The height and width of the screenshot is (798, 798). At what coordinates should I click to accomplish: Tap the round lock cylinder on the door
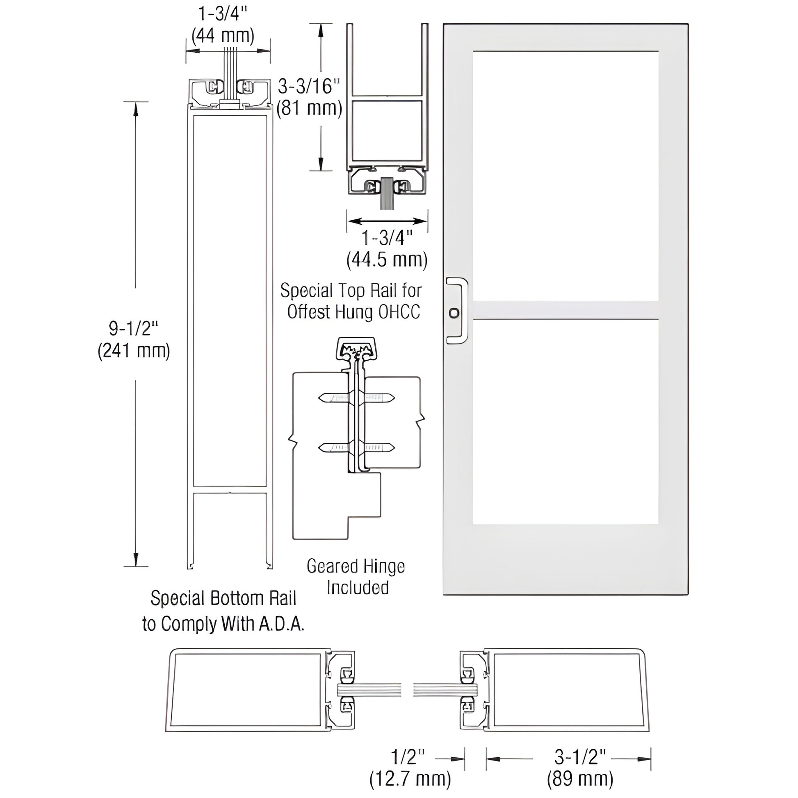pyautogui.click(x=454, y=313)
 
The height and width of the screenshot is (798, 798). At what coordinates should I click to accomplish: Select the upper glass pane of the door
pyautogui.click(x=565, y=176)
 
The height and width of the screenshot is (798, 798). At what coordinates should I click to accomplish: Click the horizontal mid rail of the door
pyautogui.click(x=565, y=310)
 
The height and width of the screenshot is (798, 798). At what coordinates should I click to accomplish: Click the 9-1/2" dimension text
pyautogui.click(x=133, y=328)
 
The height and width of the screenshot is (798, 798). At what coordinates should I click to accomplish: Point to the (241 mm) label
pyautogui.click(x=133, y=351)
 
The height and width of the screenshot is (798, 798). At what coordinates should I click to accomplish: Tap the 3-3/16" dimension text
pyautogui.click(x=308, y=87)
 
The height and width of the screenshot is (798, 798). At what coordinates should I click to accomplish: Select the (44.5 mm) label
pyautogui.click(x=387, y=260)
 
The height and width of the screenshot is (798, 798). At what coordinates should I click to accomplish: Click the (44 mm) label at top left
pyautogui.click(x=223, y=36)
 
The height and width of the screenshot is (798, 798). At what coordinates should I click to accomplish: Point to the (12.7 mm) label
pyautogui.click(x=410, y=779)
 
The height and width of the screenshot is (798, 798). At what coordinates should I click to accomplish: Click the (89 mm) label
pyautogui.click(x=580, y=779)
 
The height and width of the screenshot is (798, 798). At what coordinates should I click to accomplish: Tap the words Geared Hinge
pyautogui.click(x=356, y=566)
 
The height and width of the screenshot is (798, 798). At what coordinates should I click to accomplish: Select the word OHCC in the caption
pyautogui.click(x=399, y=312)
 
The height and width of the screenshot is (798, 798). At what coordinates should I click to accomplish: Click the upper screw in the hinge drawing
pyautogui.click(x=356, y=398)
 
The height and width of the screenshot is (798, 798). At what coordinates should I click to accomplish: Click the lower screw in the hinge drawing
pyautogui.click(x=356, y=447)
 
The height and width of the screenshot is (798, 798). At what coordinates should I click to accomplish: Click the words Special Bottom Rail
pyautogui.click(x=223, y=598)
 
